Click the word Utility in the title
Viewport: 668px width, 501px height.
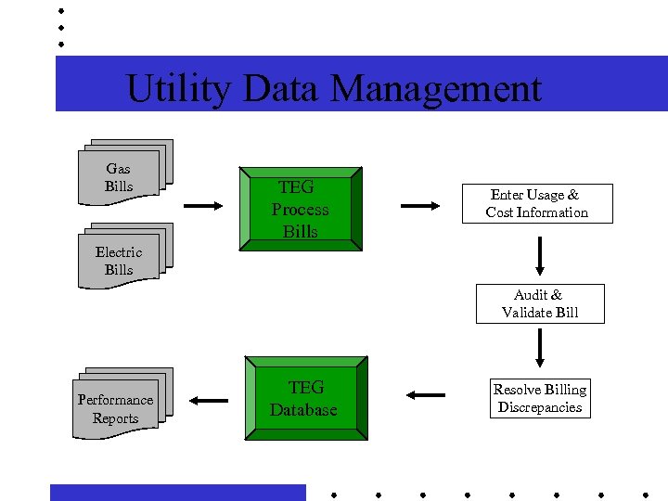pos(178,89)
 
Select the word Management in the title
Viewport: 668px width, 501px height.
pos(435,89)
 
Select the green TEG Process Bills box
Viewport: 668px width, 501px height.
pos(301,210)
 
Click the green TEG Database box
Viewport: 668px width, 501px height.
pos(305,399)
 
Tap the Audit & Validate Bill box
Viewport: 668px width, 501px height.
pos(540,303)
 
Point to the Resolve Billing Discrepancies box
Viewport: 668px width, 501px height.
pos(539,398)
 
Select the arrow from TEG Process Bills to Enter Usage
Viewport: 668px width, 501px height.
pos(420,206)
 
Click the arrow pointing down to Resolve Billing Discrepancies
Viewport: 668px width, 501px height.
pos(539,348)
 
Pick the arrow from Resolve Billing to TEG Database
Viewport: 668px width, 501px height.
pos(425,395)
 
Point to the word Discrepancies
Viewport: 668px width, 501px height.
pos(539,407)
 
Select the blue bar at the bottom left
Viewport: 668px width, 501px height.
pos(177,492)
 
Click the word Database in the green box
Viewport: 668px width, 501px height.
pos(303,410)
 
